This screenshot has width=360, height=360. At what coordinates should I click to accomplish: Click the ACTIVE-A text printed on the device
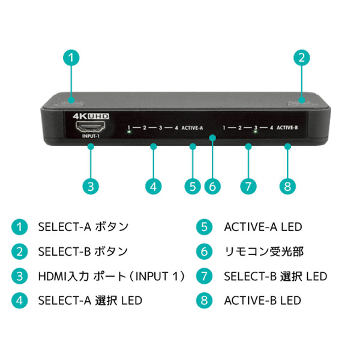coord(192,128)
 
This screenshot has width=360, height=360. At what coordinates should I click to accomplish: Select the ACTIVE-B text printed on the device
coord(287,128)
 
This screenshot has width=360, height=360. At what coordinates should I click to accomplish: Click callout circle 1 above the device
coord(71,58)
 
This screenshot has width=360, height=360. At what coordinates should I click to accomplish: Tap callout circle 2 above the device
coord(302,58)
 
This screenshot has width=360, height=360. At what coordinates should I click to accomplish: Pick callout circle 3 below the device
coord(89,185)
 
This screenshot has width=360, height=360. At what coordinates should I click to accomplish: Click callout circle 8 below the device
coord(287,185)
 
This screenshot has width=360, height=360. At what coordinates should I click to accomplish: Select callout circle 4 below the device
coord(154,185)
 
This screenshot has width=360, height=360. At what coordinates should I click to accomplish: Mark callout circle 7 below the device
coord(248,185)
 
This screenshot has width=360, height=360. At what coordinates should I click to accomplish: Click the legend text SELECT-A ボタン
coord(83,227)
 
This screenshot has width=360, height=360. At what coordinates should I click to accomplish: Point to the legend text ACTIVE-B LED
coord(262,300)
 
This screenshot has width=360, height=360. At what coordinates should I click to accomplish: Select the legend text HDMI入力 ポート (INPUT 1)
coord(111,276)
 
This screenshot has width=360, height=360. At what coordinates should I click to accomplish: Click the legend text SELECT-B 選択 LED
coord(275,276)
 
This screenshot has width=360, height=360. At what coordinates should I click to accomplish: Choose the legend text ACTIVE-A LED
coord(262,227)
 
